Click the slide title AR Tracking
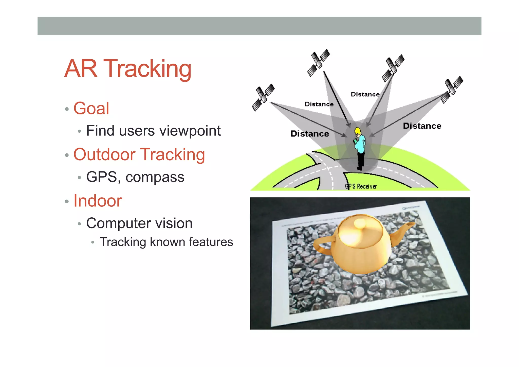[128, 68]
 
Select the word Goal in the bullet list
[91, 108]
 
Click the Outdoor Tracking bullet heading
[139, 154]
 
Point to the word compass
[155, 177]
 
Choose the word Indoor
[98, 201]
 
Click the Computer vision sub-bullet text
[139, 223]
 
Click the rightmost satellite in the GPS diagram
[452, 90]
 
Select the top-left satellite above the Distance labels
[318, 62]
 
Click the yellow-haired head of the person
[358, 131]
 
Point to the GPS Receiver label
[361, 186]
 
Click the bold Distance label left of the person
[310, 134]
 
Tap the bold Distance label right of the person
[422, 126]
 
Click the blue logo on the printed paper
[411, 208]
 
